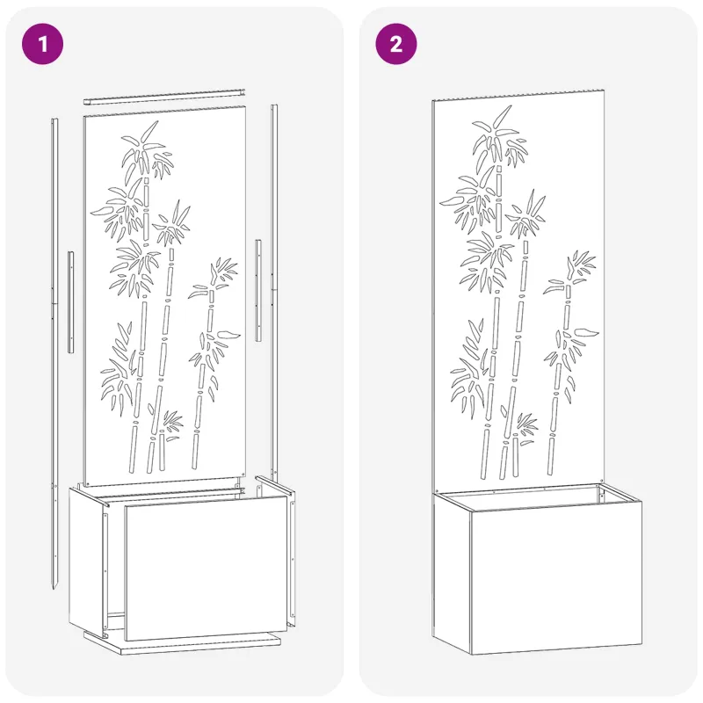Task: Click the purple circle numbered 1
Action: (42, 44)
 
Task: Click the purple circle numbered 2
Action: (396, 44)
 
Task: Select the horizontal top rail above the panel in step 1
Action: (164, 97)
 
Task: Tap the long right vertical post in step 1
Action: (274, 292)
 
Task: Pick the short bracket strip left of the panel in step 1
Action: (71, 302)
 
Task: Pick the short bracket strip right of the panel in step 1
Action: (258, 291)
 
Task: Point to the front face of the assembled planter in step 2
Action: (556, 578)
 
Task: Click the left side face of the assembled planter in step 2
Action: (452, 569)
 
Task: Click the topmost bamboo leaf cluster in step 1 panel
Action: (148, 152)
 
